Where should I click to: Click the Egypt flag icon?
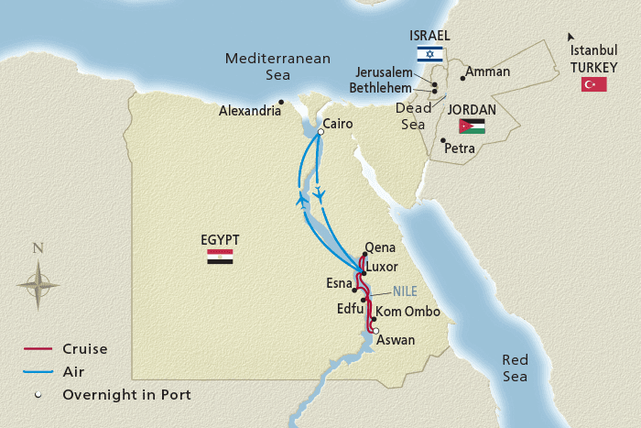pos(220,257)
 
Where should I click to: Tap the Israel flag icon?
pos(429,54)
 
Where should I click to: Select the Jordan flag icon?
pos(473,126)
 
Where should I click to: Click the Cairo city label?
pos(339,124)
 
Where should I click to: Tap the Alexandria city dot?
pos(282,102)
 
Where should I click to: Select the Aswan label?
pos(396,340)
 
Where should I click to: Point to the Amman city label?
pos(488,71)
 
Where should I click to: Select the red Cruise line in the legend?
pos(38,349)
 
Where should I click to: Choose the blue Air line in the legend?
pos(38,372)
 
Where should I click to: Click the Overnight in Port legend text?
pos(126,395)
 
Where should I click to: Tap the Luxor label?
pos(382,266)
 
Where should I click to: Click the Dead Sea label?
pos(413,115)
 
